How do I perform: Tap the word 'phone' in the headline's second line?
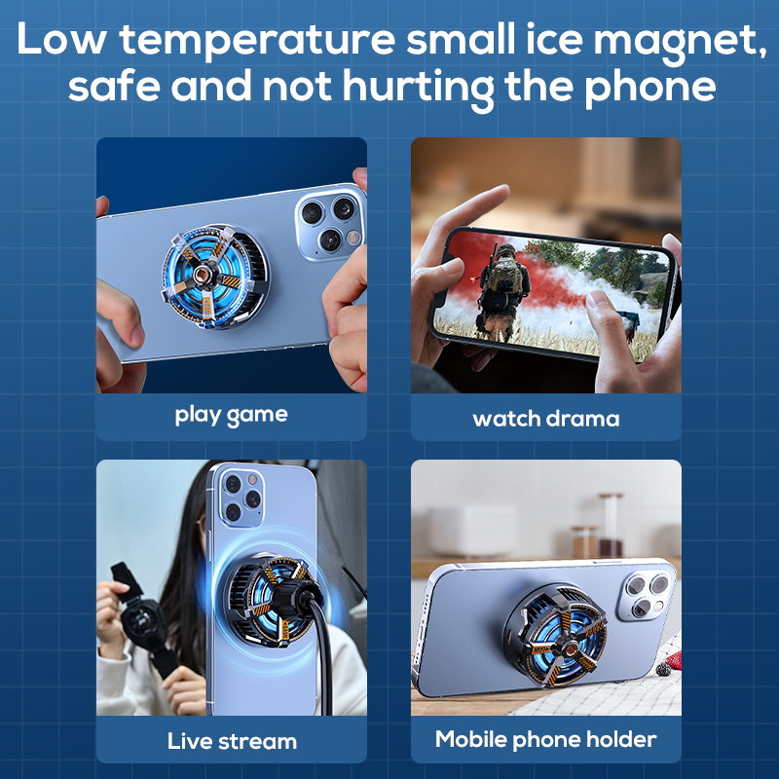coord(649,87)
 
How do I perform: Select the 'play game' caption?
coord(232,416)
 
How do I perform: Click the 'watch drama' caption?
coord(546,419)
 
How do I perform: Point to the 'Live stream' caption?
coord(232,741)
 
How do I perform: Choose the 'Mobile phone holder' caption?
coord(546,739)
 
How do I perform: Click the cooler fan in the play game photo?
coord(215,277)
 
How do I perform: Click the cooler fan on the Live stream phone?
coord(272,601)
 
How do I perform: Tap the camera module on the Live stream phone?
coord(241,498)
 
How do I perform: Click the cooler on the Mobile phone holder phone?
coord(556,635)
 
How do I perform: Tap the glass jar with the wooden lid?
coord(611,524)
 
